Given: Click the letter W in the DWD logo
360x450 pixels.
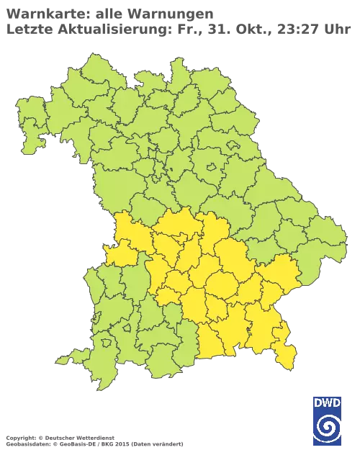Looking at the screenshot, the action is click(326, 402).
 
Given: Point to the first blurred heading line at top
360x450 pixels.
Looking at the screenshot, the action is click(108, 13).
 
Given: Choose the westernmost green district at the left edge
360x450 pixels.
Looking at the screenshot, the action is click(29, 122).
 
